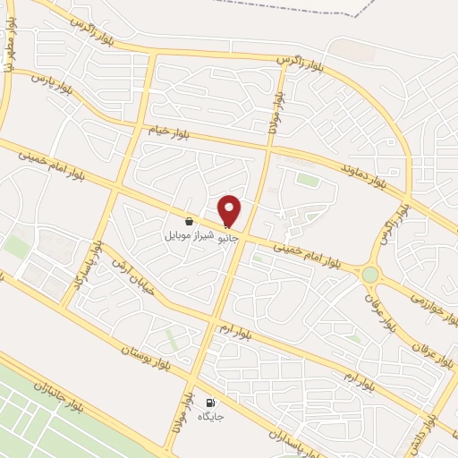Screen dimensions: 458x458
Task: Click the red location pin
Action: click(230, 210)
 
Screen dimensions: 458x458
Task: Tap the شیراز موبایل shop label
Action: click(189, 237)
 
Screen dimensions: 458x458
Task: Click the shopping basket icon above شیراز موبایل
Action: click(189, 220)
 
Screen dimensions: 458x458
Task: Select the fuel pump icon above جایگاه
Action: click(211, 403)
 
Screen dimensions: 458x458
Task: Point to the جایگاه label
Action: click(211, 417)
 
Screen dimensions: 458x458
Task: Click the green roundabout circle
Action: click(369, 274)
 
